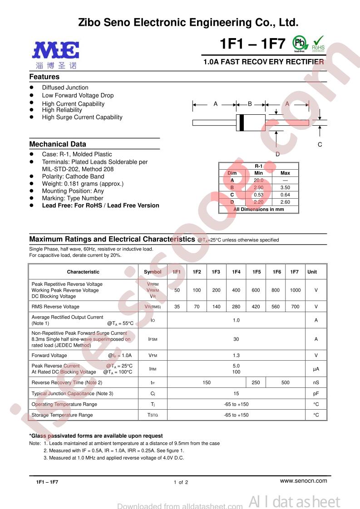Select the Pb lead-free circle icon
click(x=299, y=43)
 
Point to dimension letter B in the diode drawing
click(x=250, y=104)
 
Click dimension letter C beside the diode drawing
click(x=320, y=145)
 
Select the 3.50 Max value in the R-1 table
click(x=285, y=187)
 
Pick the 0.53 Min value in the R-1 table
click(x=258, y=195)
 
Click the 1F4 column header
click(x=236, y=272)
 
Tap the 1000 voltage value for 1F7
click(x=295, y=290)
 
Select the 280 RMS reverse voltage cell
click(x=236, y=307)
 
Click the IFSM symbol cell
click(x=153, y=339)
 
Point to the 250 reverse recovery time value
click(x=256, y=382)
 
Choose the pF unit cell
click(x=316, y=393)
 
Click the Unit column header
click(x=312, y=272)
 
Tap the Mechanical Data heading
click(x=58, y=144)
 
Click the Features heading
click(x=44, y=77)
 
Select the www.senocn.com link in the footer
click(x=304, y=480)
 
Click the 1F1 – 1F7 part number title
click(x=252, y=44)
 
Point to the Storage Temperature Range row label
click(x=62, y=415)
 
